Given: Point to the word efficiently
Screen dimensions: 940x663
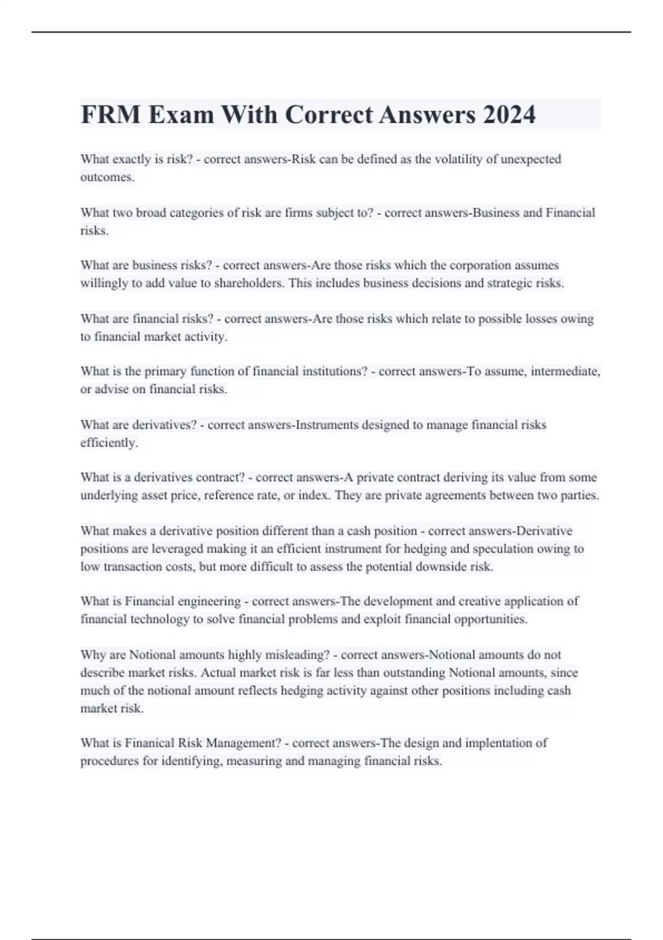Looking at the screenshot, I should coord(109,443).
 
